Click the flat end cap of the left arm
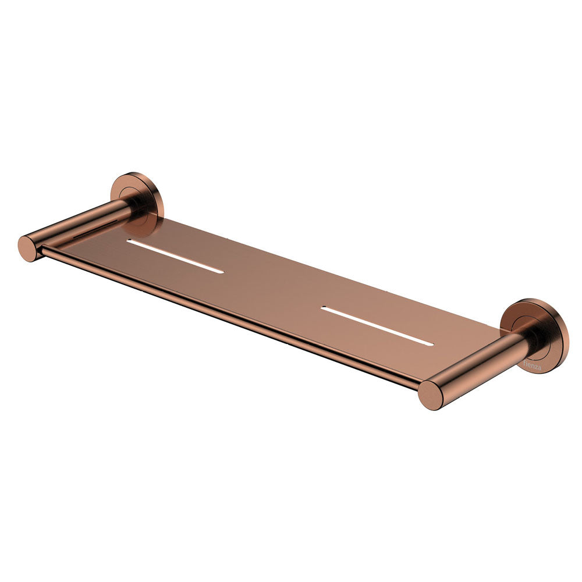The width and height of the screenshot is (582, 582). tap(28, 249)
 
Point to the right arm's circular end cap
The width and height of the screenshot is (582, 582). tap(431, 395)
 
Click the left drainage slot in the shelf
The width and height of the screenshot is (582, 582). tap(175, 256)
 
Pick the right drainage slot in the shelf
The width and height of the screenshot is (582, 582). tap(377, 326)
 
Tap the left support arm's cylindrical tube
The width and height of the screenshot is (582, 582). tap(81, 224)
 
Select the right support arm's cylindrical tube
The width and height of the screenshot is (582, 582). tap(477, 364)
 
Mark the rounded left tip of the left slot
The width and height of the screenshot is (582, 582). tap(129, 242)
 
